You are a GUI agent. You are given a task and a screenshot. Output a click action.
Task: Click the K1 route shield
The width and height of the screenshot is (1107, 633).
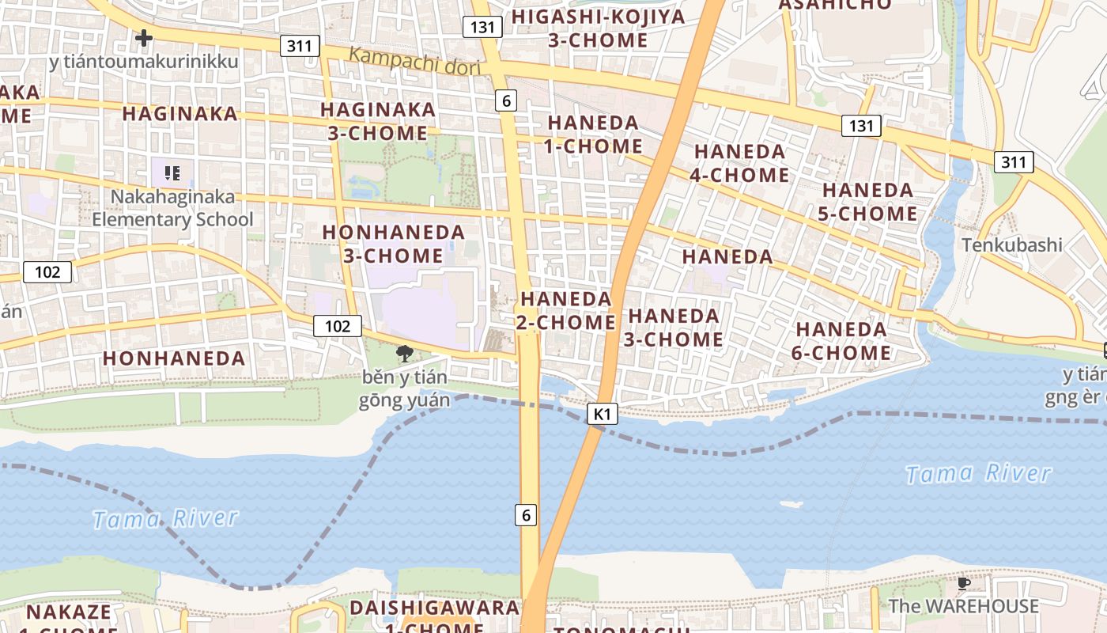(x=603, y=413)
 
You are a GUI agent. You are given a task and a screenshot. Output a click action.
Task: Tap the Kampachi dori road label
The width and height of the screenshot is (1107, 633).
(x=414, y=61)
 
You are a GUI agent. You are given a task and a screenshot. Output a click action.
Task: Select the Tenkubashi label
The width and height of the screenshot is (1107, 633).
(x=1011, y=244)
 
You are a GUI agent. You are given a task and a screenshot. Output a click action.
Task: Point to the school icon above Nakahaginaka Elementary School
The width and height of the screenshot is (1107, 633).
(x=172, y=172)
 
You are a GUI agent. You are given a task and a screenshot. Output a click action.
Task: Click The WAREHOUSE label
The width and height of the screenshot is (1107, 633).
(x=963, y=606)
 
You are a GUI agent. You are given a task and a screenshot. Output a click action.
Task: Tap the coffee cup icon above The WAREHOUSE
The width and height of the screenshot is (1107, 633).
(x=963, y=583)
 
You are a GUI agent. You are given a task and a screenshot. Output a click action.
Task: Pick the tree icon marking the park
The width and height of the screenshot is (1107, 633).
(x=404, y=353)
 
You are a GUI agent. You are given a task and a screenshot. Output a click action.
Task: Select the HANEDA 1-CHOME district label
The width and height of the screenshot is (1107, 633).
(x=593, y=135)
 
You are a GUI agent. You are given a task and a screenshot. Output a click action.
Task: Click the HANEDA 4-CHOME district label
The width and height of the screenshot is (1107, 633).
(x=739, y=163)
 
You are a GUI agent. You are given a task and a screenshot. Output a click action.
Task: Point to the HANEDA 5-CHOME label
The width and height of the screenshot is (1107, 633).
(x=869, y=202)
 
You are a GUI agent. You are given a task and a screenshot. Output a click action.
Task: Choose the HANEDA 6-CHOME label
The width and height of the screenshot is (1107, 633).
(x=841, y=340)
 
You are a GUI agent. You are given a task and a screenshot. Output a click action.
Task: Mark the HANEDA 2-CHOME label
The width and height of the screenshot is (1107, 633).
(x=565, y=310)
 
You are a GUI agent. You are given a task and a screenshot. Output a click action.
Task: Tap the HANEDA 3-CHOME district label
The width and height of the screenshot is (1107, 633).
(x=674, y=327)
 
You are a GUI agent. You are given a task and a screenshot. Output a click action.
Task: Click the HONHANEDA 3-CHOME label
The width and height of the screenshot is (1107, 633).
(x=394, y=244)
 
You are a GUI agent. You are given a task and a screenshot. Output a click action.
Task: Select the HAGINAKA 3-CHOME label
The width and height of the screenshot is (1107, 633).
(x=378, y=121)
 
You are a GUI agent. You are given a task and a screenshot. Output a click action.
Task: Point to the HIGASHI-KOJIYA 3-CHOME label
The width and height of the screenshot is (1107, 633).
(x=598, y=28)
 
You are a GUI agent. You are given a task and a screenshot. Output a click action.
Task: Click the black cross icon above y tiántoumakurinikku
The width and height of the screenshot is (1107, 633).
(x=143, y=37)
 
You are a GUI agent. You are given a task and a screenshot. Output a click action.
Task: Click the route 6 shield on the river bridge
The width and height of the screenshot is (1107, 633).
(x=527, y=515)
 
